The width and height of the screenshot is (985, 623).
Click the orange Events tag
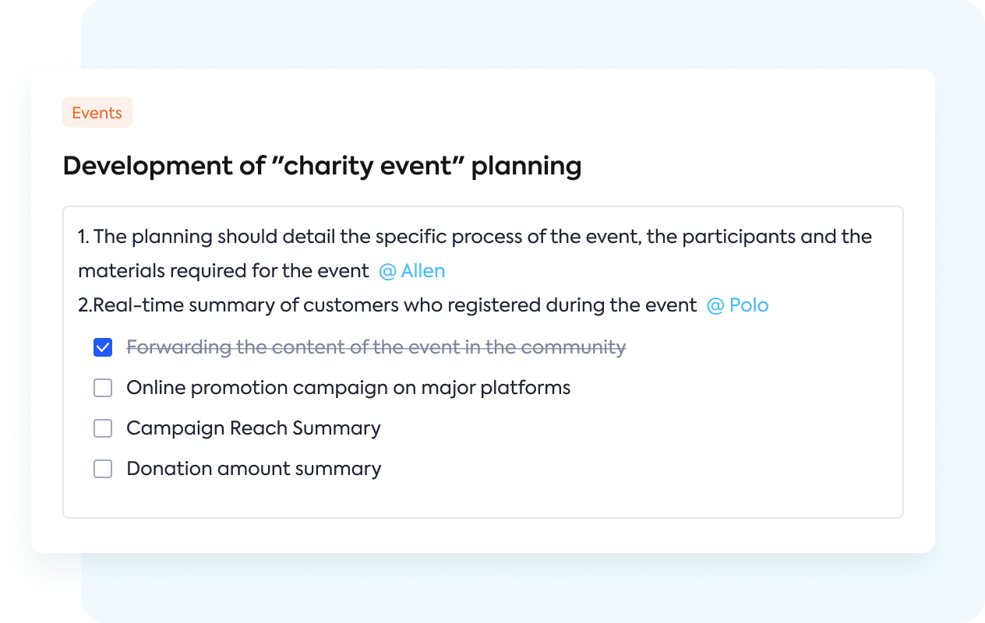[x=97, y=112]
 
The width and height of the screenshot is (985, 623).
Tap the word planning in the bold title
[x=526, y=167]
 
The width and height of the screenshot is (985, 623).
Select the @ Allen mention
[x=412, y=271]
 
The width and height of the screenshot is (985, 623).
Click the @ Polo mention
[x=737, y=305]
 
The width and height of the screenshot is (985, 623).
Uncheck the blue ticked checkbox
[x=103, y=347]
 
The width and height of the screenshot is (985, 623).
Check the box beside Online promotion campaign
[x=103, y=388]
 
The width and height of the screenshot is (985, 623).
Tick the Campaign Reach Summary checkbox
[x=103, y=428]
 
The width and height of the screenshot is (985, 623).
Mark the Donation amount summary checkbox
[x=103, y=469]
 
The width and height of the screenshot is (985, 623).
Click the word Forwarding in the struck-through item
[x=178, y=347]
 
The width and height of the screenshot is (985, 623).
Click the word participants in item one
[x=739, y=237]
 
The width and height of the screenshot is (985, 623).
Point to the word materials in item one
[x=122, y=271]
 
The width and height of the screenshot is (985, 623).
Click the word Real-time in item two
[x=139, y=305]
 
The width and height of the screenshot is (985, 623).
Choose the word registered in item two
[x=494, y=305]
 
